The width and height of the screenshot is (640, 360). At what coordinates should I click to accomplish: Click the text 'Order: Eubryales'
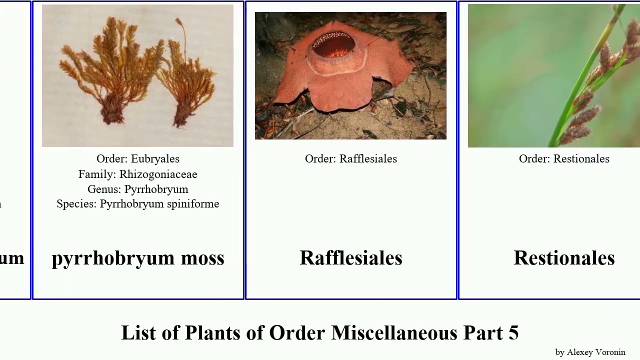pyautogui.click(x=138, y=159)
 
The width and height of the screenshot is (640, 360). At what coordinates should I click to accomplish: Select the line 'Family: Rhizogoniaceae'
pyautogui.click(x=138, y=174)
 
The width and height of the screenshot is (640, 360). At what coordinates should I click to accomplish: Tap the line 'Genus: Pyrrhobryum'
pyautogui.click(x=138, y=189)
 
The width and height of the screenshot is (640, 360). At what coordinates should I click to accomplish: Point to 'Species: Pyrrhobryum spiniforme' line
pyautogui.click(x=138, y=204)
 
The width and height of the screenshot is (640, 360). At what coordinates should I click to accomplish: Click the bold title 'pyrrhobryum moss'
pyautogui.click(x=138, y=258)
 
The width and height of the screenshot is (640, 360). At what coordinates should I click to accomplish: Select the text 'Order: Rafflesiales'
pyautogui.click(x=351, y=159)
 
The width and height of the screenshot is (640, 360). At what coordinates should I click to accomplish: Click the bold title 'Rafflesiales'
pyautogui.click(x=351, y=258)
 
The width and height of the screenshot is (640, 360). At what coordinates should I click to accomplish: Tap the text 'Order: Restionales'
pyautogui.click(x=564, y=159)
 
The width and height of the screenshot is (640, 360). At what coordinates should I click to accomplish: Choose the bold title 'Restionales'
pyautogui.click(x=564, y=258)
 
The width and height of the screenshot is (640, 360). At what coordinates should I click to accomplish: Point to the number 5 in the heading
pyautogui.click(x=513, y=333)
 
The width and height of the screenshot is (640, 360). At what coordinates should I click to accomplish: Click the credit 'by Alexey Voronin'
pyautogui.click(x=590, y=352)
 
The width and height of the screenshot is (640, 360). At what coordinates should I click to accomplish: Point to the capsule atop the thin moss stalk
pyautogui.click(x=178, y=21)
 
